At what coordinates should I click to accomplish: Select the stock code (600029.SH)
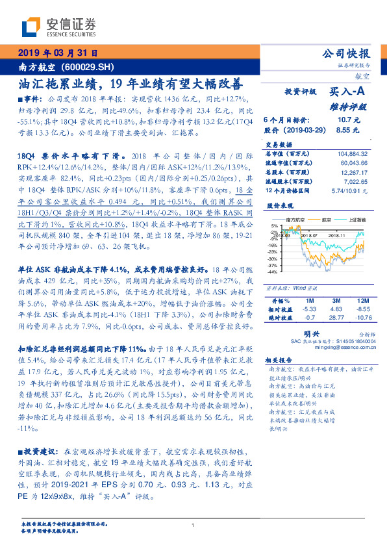click(x=94, y=67)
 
